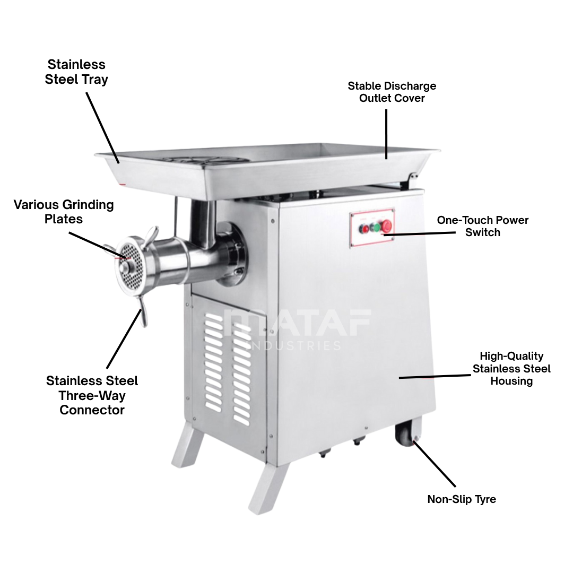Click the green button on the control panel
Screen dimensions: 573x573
[x=375, y=228]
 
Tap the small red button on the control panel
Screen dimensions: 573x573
[x=364, y=229]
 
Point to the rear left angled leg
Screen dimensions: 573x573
[x=187, y=446]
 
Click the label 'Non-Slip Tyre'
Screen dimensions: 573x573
[x=462, y=499]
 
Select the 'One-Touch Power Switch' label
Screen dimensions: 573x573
[x=482, y=226]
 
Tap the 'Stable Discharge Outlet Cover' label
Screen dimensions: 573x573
[x=392, y=92]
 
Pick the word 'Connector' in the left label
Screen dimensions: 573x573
[x=92, y=410]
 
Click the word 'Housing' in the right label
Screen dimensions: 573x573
[x=511, y=381]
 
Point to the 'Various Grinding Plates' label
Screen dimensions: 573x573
[x=64, y=212]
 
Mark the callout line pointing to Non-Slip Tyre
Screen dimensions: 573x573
[x=434, y=464]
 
